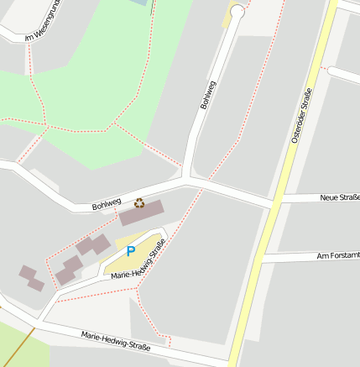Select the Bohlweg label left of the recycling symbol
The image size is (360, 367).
[107, 202]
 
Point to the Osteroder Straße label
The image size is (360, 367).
[301, 115]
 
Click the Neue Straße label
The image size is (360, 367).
[339, 197]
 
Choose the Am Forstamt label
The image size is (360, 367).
[337, 254]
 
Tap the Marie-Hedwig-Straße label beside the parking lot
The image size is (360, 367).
[139, 261]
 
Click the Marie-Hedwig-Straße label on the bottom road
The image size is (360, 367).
[116, 340]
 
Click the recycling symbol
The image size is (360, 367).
[139, 202]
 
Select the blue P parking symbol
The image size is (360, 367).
[130, 251]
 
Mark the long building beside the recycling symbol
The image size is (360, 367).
[143, 213]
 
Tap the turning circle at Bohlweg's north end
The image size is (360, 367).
[237, 12]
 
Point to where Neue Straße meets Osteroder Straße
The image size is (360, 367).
[274, 202]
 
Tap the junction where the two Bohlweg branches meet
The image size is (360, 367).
[186, 179]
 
